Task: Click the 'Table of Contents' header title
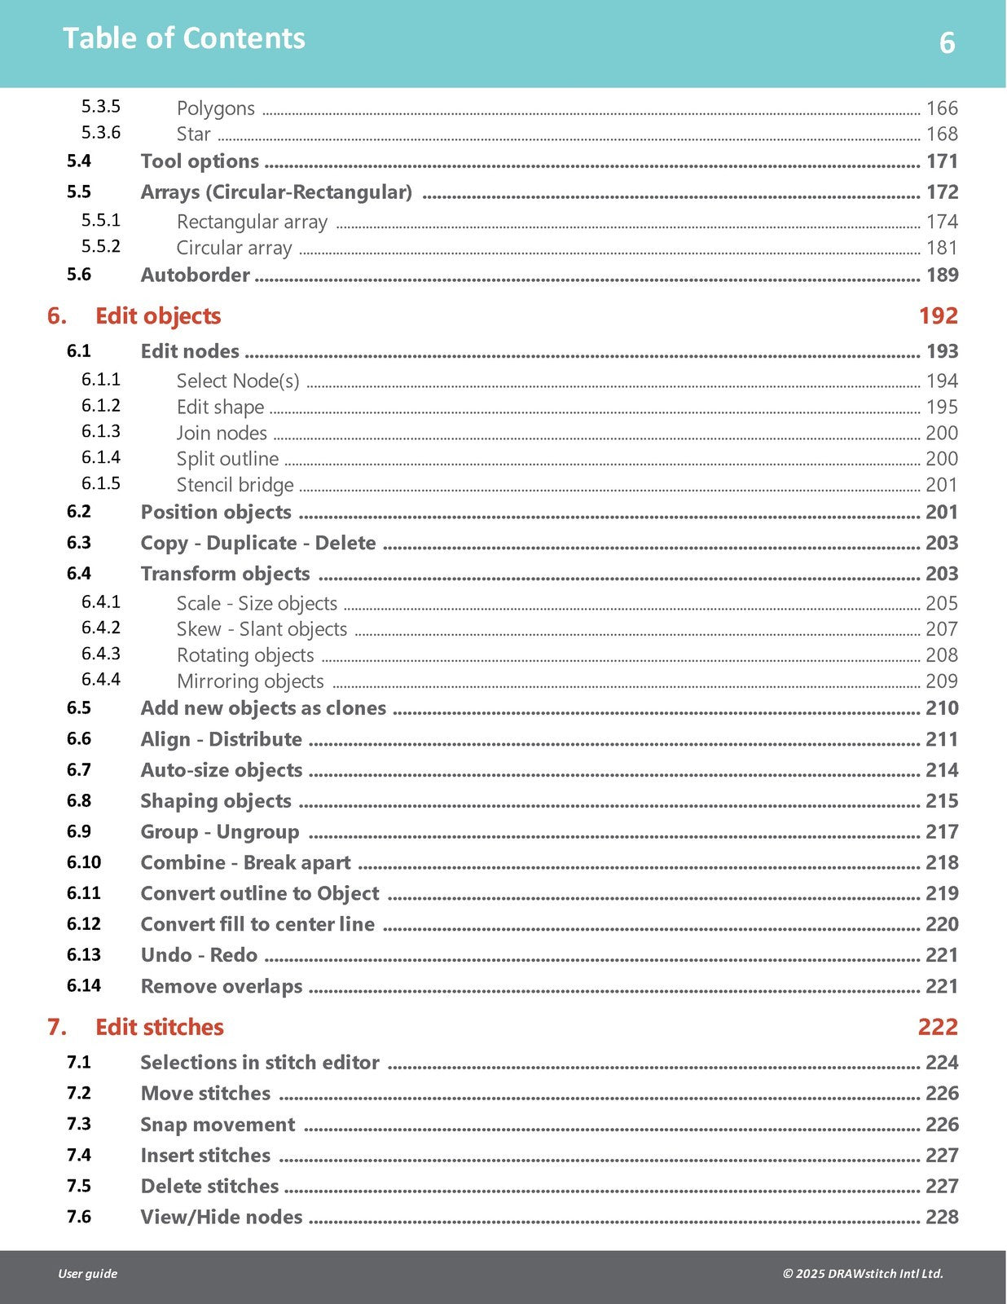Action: pos(183,38)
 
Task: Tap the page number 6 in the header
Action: pos(947,42)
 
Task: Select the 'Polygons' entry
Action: pos(215,108)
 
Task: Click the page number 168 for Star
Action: pos(941,134)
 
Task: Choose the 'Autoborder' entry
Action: pos(195,275)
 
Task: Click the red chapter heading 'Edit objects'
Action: pos(158,315)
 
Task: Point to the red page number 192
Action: pos(938,315)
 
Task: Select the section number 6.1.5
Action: pos(100,483)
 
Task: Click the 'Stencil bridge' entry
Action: pos(235,485)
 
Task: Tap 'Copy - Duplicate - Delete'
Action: pos(258,543)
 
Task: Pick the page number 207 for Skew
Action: pos(941,628)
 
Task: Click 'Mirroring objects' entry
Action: pos(250,681)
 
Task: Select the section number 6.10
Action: pos(84,862)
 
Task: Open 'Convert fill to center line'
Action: pos(257,924)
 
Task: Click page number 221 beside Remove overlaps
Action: pos(941,986)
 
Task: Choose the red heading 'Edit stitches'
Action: pos(159,1027)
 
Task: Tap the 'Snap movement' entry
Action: pos(218,1125)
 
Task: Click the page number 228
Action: pos(941,1217)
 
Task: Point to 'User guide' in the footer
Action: pos(87,1274)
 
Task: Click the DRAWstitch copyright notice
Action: pos(862,1274)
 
